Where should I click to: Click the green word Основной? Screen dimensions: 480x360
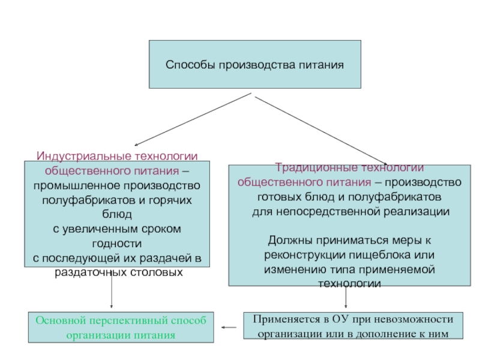pyautogui.click(x=57, y=320)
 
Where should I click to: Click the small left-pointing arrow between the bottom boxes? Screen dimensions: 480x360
pyautogui.click(x=229, y=328)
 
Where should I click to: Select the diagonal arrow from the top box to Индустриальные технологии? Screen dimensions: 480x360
pyautogui.click(x=192, y=119)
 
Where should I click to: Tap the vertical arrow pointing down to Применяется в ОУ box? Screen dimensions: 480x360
pyautogui.click(x=346, y=298)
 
